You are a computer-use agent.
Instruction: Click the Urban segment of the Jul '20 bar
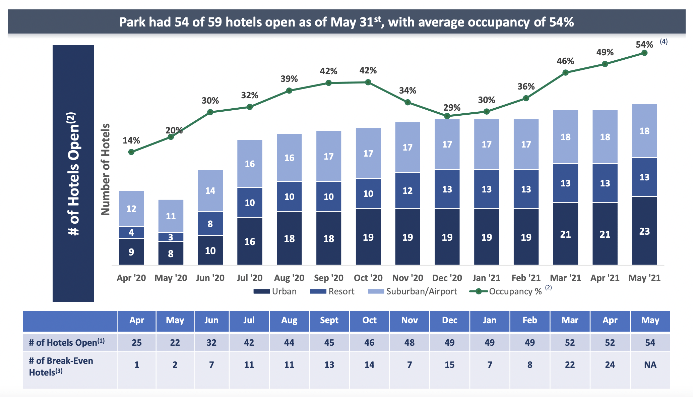click(250, 241)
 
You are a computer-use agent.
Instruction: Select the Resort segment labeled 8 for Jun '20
click(210, 224)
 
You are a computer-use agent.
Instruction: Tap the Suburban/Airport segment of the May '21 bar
click(644, 131)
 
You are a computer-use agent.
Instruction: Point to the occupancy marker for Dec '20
click(447, 116)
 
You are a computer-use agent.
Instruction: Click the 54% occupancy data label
click(644, 45)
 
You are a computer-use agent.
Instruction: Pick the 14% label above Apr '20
click(131, 140)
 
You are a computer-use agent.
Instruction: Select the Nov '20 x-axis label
click(407, 278)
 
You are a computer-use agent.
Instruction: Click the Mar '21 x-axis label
click(565, 278)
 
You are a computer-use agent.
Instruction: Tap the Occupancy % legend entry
click(506, 291)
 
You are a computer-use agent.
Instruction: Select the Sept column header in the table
click(329, 321)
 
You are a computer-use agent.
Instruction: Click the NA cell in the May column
click(650, 365)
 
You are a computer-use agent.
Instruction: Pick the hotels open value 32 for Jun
click(211, 343)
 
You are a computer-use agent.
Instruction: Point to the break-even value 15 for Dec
click(449, 365)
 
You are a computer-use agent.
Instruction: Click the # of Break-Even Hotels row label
click(61, 366)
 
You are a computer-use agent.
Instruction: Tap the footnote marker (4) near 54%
click(664, 42)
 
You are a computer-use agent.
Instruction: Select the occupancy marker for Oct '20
click(368, 82)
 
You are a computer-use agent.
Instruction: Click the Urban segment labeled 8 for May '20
click(171, 253)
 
